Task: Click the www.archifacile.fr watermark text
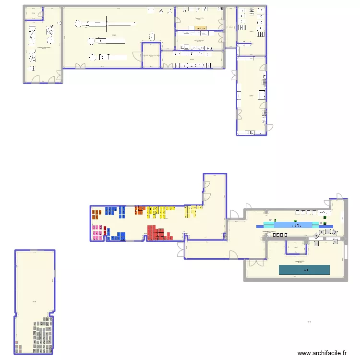322,353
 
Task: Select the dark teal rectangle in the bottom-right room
304,270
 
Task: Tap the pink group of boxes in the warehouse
97,232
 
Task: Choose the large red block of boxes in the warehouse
159,233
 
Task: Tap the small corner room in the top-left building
33,13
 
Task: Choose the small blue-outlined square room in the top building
151,55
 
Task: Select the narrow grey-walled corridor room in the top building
230,27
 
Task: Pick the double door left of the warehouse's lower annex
181,249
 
